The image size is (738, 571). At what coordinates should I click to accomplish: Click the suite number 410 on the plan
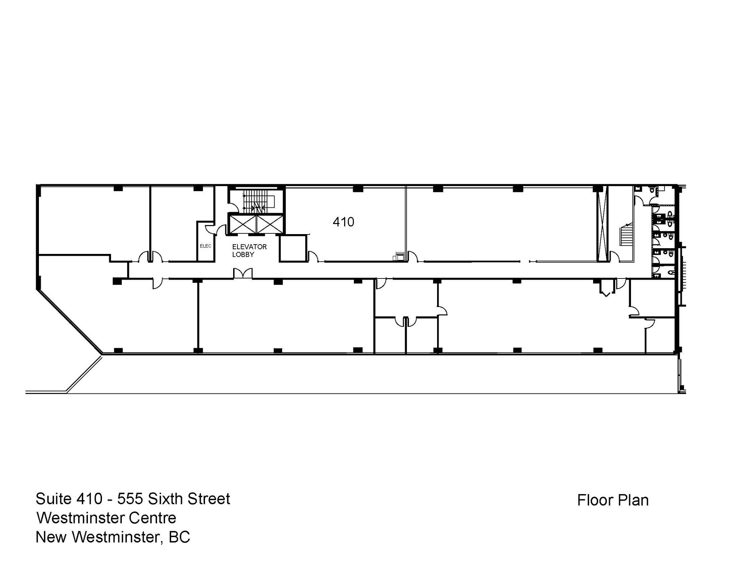click(343, 222)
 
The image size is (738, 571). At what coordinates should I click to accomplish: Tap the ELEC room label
click(205, 246)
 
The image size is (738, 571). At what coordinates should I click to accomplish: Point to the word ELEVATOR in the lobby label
click(249, 247)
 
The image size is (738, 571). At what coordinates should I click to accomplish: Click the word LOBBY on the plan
click(243, 255)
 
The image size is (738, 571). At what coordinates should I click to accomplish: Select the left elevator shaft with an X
click(243, 224)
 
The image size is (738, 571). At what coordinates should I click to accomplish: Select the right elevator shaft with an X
click(269, 224)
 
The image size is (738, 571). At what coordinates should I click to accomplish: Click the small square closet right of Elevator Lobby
click(292, 248)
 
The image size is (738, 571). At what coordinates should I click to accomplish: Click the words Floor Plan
click(613, 500)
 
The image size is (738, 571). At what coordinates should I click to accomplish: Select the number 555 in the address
click(130, 499)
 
